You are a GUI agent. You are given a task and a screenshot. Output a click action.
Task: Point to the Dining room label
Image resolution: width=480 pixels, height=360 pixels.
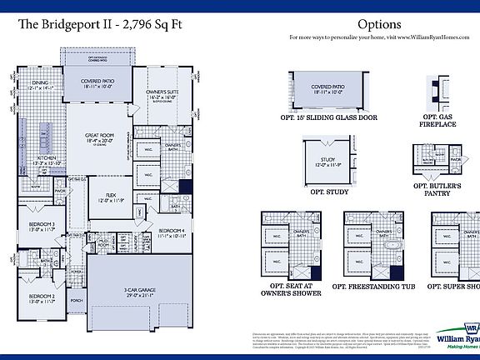click(40, 83)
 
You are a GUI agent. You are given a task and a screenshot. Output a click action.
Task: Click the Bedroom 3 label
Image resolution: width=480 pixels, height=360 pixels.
click(42, 225)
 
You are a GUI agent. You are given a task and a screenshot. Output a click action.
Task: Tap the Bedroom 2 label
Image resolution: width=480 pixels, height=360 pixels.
click(42, 297)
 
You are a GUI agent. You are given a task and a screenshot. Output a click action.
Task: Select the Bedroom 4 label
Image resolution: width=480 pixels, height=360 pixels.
click(171, 231)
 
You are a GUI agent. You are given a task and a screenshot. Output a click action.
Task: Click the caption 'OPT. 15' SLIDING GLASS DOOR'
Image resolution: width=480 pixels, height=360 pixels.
click(327, 117)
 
